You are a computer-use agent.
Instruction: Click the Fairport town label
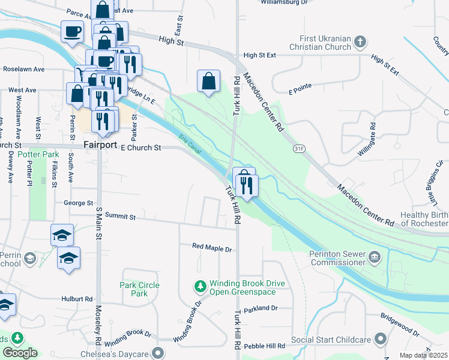(x=99, y=145)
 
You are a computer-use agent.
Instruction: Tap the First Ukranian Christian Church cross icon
(x=360, y=42)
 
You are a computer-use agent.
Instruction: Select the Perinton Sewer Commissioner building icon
(x=376, y=258)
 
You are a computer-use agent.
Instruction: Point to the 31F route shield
(x=298, y=148)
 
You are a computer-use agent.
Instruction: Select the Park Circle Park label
(x=139, y=289)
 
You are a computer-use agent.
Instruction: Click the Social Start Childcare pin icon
(x=379, y=340)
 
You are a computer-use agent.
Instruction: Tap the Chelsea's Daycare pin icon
(x=158, y=352)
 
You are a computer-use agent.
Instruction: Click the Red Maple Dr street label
(x=211, y=247)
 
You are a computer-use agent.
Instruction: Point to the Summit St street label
(x=120, y=215)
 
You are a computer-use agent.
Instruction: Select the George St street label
(x=79, y=203)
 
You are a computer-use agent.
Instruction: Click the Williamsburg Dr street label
(x=285, y=2)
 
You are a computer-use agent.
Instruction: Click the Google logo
(x=20, y=353)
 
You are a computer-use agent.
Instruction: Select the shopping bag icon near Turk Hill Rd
(x=208, y=81)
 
